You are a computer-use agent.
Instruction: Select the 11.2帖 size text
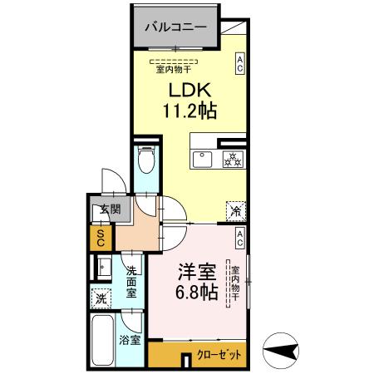point(187,111)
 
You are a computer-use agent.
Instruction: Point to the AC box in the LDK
point(239,64)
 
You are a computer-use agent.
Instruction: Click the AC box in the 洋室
point(239,239)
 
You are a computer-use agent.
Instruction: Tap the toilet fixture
point(145,159)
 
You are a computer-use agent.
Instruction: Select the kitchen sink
point(202,159)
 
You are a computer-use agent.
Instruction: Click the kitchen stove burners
point(232,160)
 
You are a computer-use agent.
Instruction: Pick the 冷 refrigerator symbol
point(236,211)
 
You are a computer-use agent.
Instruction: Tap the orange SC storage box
point(101,239)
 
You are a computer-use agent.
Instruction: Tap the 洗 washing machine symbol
point(101,298)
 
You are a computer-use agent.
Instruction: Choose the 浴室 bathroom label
point(129,341)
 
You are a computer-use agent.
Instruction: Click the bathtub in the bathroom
point(103,339)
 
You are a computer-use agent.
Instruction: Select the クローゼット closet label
point(219,355)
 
